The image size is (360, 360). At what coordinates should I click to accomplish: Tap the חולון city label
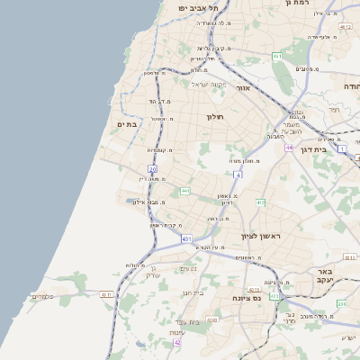tap(214, 116)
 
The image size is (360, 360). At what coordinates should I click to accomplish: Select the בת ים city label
tap(128, 125)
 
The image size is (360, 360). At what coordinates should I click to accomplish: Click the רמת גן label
tap(296, 4)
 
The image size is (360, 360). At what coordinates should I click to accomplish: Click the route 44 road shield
tap(288, 147)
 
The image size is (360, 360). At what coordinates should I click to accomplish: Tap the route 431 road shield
tap(186, 238)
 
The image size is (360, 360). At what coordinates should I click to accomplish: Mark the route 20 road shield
tap(152, 168)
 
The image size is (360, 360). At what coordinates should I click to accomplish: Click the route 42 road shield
tap(177, 343)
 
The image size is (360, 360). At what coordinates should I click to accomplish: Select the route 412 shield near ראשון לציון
tap(260, 202)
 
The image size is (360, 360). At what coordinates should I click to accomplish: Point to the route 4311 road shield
tap(106, 294)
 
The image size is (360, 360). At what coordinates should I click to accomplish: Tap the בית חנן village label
tap(193, 292)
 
